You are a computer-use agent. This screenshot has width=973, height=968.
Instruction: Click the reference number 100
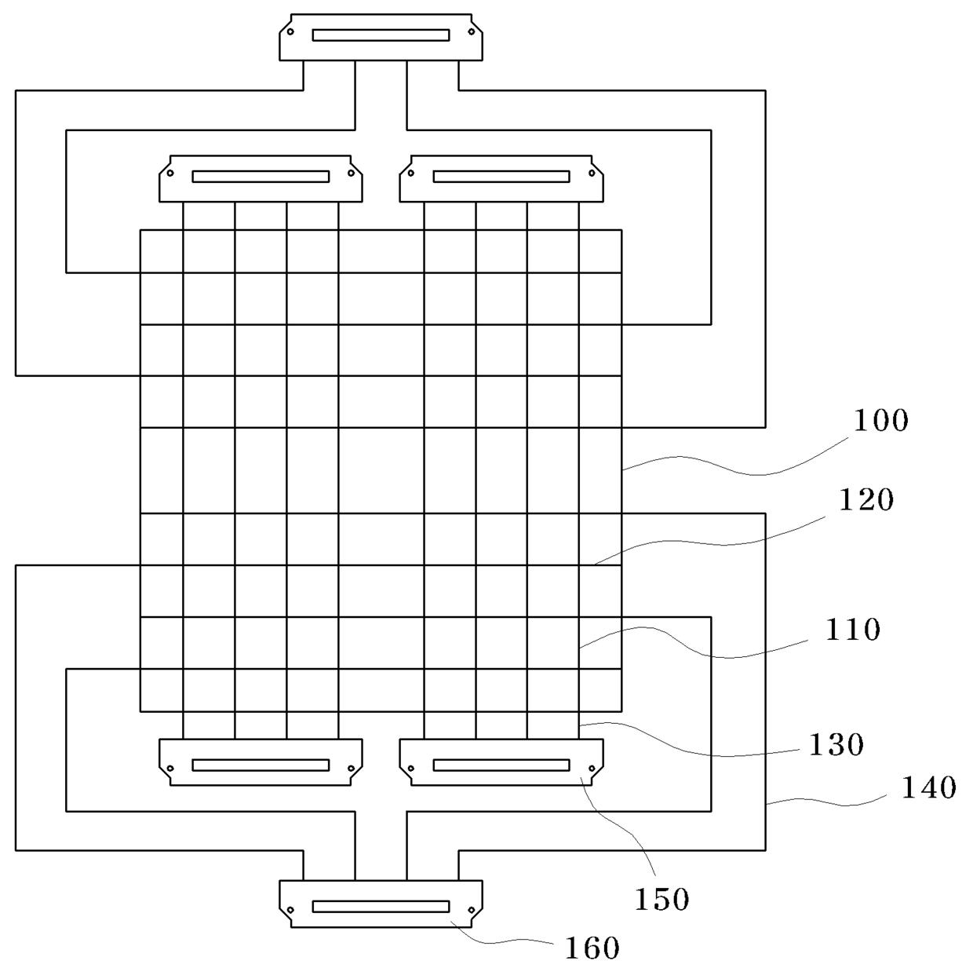tap(880, 421)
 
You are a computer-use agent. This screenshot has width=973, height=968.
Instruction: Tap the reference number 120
tap(867, 499)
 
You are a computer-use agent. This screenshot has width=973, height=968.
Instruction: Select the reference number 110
tap(852, 630)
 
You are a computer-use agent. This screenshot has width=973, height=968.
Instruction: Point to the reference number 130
tap(836, 744)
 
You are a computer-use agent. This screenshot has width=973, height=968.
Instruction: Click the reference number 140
tap(928, 787)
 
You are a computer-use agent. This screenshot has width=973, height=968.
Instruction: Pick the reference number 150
tap(661, 900)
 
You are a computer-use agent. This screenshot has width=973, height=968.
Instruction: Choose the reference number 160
tap(592, 948)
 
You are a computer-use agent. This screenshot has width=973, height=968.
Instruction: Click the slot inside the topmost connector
tap(381, 35)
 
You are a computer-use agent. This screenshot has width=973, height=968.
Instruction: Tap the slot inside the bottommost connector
tap(381, 907)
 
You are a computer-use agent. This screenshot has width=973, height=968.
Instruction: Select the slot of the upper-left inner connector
tap(261, 177)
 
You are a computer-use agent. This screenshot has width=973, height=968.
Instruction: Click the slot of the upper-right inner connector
tap(501, 177)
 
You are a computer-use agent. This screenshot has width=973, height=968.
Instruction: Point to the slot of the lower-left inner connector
tap(261, 765)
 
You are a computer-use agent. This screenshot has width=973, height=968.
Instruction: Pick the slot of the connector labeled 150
tap(501, 765)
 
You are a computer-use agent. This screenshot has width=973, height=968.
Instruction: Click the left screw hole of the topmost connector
tap(290, 32)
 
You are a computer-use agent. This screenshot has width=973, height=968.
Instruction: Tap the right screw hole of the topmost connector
tap(472, 32)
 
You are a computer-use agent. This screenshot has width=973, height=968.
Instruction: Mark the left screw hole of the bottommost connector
tap(290, 910)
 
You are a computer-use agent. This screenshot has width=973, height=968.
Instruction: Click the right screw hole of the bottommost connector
tap(472, 910)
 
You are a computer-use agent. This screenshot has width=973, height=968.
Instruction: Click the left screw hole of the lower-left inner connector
tap(169, 768)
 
